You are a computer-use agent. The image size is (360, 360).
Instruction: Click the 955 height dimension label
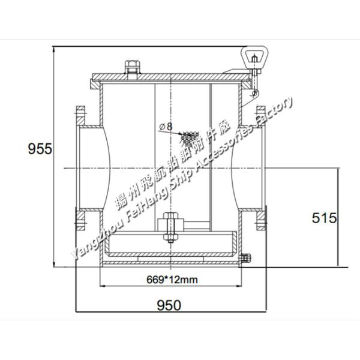40,148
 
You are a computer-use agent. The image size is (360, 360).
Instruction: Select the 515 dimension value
324,218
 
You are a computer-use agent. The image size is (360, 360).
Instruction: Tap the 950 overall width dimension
169,305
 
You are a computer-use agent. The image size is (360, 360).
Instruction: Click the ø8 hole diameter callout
166,127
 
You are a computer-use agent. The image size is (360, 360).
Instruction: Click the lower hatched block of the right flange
261,220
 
